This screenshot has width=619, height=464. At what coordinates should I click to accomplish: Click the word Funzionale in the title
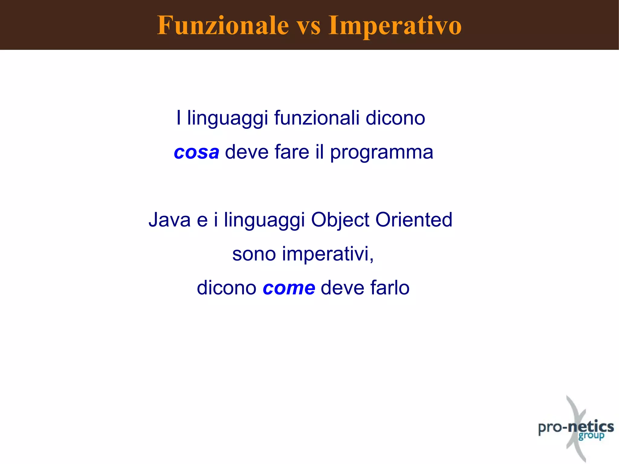click(x=223, y=25)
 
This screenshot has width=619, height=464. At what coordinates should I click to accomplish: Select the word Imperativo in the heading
click(x=395, y=26)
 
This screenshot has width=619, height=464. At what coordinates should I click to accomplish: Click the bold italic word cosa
click(x=196, y=152)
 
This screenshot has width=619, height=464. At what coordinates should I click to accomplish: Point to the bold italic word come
click(x=289, y=288)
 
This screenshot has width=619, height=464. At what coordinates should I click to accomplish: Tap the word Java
click(x=170, y=220)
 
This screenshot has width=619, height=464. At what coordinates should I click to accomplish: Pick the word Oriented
click(x=414, y=220)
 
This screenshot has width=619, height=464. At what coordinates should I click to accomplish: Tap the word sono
click(x=254, y=254)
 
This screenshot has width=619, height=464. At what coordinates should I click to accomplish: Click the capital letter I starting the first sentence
click(x=179, y=118)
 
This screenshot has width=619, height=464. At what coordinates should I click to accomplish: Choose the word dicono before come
click(x=226, y=288)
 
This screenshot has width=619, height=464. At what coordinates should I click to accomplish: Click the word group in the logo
click(x=591, y=436)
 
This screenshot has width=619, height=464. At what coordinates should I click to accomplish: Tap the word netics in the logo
click(x=591, y=427)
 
